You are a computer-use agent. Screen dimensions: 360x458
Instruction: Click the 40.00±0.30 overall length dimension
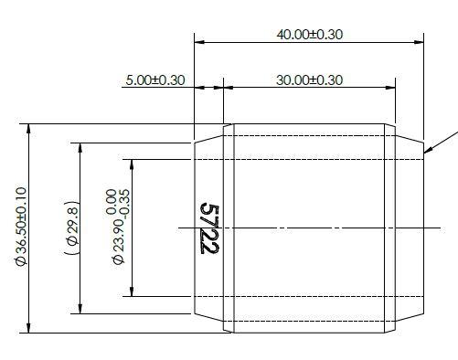click(x=309, y=34)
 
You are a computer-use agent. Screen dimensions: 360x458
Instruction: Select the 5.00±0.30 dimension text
click(x=154, y=79)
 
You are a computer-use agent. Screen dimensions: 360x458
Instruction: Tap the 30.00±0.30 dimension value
click(x=309, y=79)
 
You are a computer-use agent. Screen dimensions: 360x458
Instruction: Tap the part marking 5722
click(x=209, y=228)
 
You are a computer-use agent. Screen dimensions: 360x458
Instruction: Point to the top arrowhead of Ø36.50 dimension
click(x=31, y=129)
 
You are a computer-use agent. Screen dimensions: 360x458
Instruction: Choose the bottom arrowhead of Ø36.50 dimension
click(x=31, y=328)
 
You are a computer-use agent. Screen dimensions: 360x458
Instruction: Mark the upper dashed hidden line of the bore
click(x=311, y=160)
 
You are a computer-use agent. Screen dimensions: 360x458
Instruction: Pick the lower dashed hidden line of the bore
click(x=311, y=296)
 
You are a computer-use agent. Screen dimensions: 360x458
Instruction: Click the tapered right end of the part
click(x=410, y=228)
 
